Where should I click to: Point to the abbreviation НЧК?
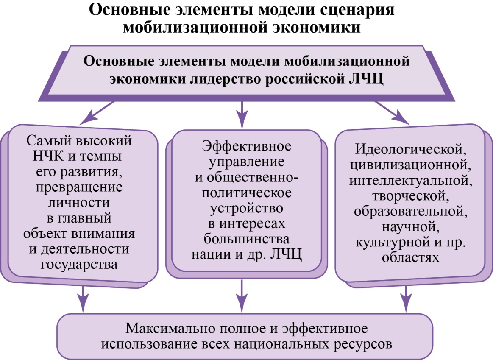pyautogui.click(x=48, y=156)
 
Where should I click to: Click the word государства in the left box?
pyautogui.click(x=79, y=265)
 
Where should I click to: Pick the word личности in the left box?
pyautogui.click(x=79, y=202)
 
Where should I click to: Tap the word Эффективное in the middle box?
pyautogui.click(x=247, y=146)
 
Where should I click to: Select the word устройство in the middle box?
pyautogui.click(x=247, y=208)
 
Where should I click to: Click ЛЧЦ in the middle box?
pyautogui.click(x=286, y=254)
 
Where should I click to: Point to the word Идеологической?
pyautogui.click(x=411, y=149)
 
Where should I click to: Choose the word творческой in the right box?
pyautogui.click(x=411, y=196)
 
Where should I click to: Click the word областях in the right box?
pyautogui.click(x=411, y=257)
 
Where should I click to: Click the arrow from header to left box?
pyautogui.click(x=97, y=113)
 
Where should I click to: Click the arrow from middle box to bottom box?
pyautogui.click(x=242, y=296)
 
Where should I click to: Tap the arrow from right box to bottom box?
pyautogui.click(x=407, y=299)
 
